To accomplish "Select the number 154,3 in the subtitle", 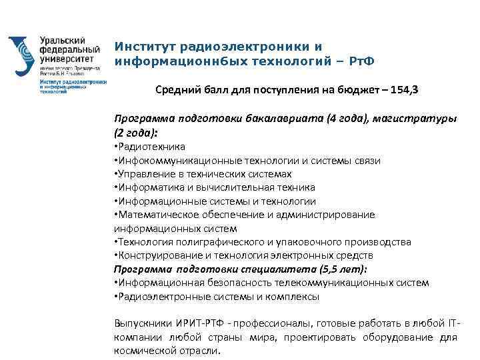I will [x=407, y=90].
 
